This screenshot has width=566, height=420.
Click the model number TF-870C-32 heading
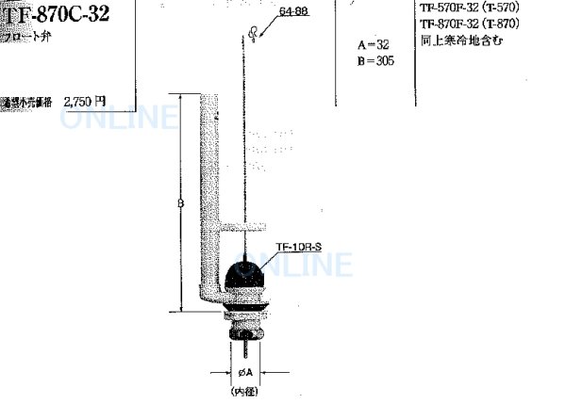pyautogui.click(x=60, y=17)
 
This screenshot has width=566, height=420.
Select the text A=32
pyautogui.click(x=374, y=45)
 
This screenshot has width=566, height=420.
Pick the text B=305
pyautogui.click(x=375, y=61)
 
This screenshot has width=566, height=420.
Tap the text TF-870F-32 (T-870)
pyautogui.click(x=482, y=24)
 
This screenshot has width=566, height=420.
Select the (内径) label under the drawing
pyautogui.click(x=244, y=388)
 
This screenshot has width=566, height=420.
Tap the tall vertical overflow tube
pyautogui.click(x=208, y=188)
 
